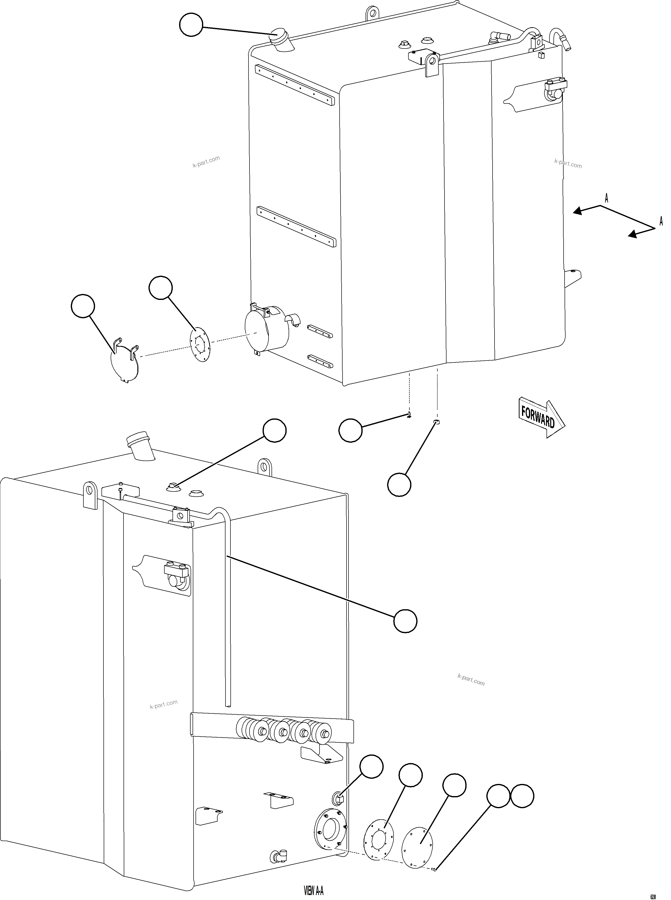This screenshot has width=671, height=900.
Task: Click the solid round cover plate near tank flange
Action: [417, 835]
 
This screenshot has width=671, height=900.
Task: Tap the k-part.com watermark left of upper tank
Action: [206, 161]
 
